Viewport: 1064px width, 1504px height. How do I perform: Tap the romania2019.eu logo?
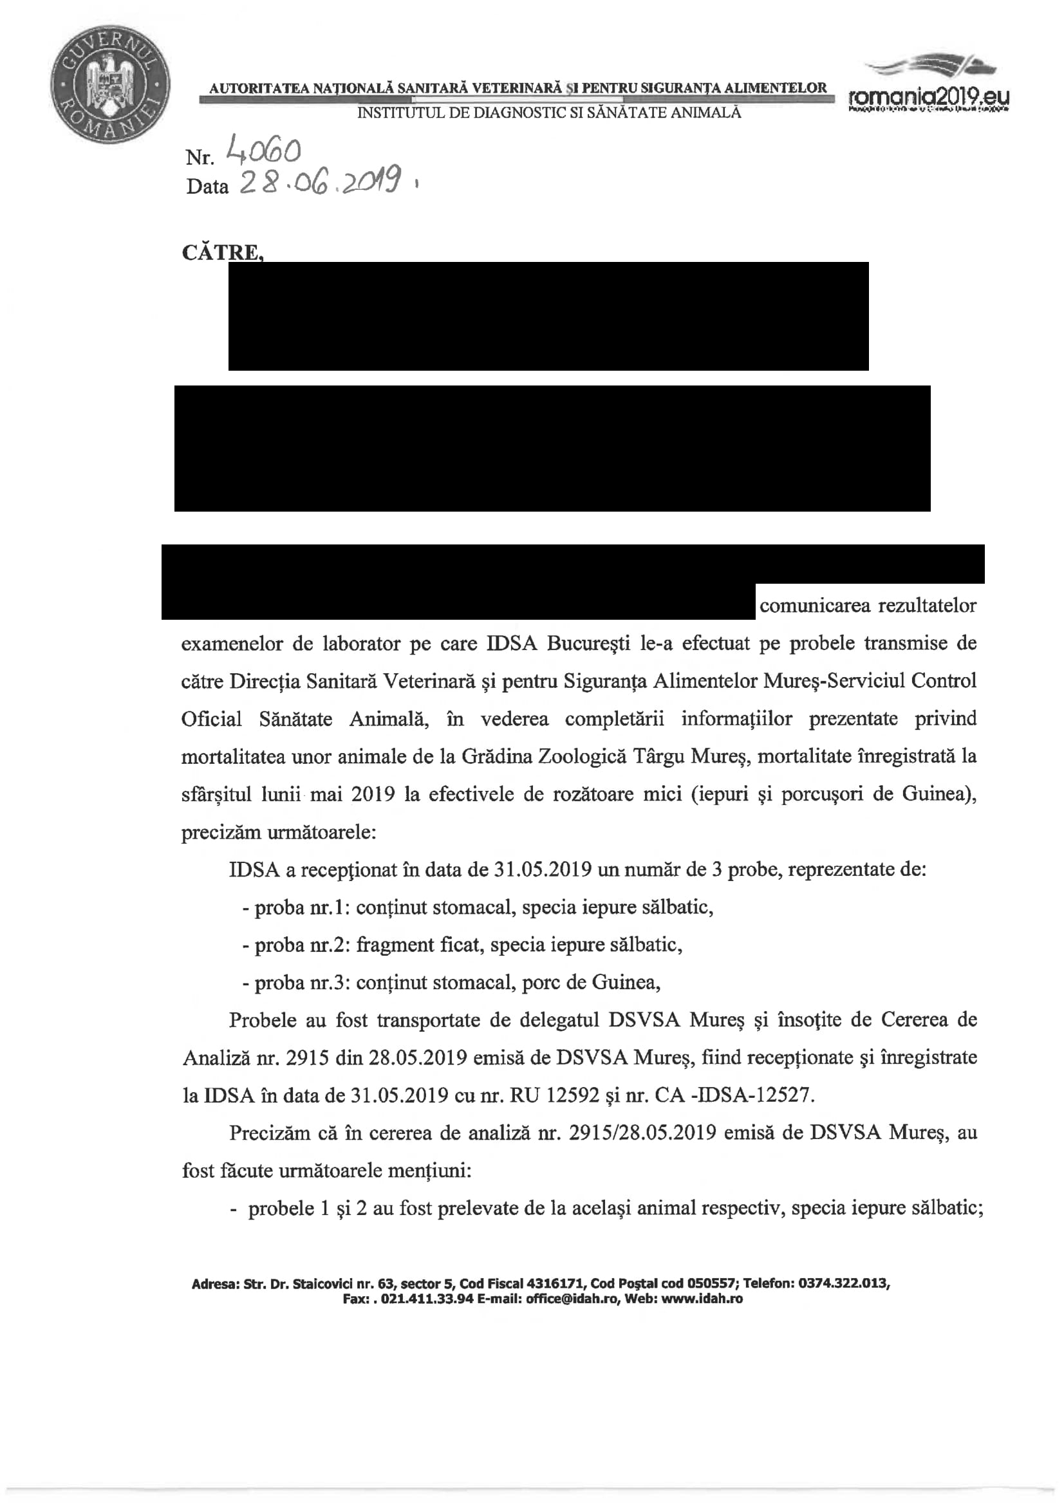[x=928, y=89]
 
